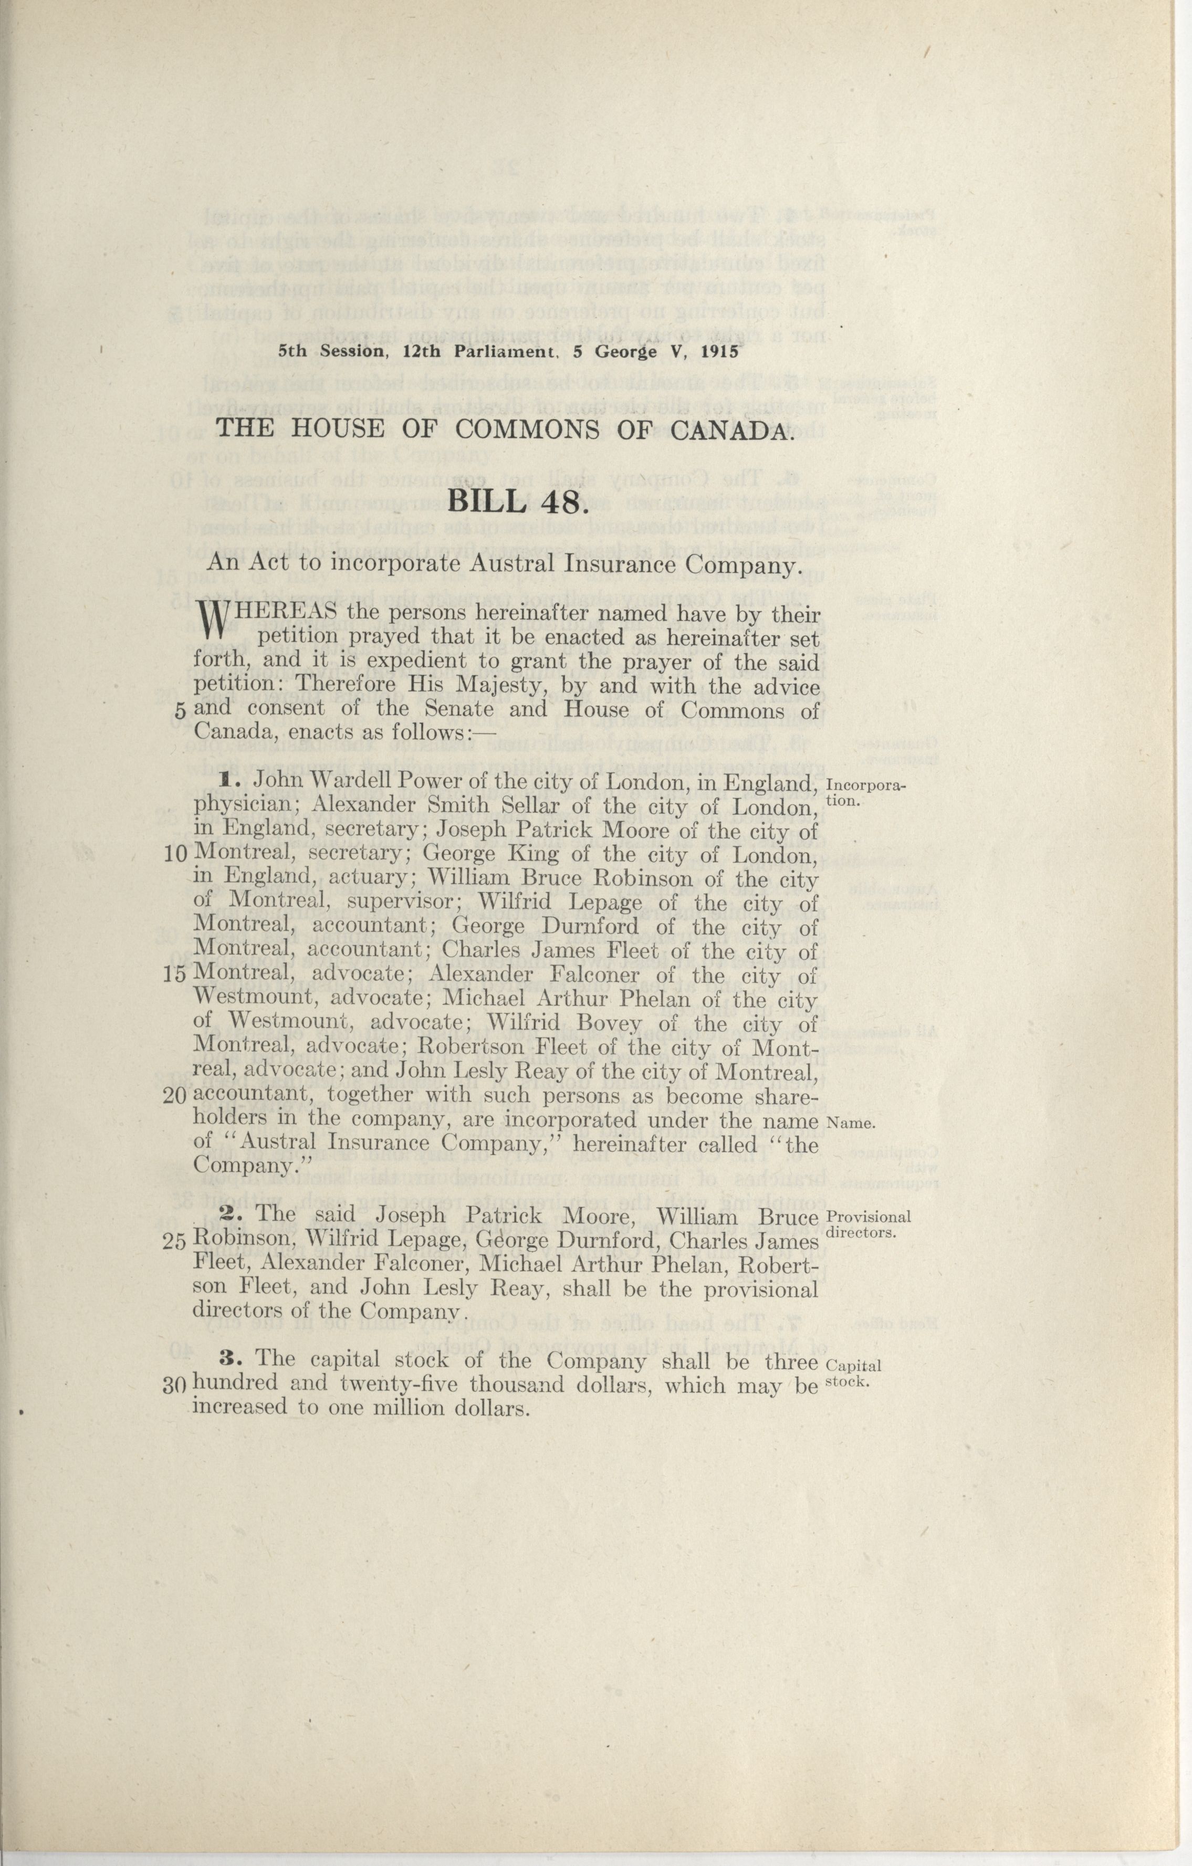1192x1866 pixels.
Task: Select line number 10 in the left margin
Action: pyautogui.click(x=175, y=855)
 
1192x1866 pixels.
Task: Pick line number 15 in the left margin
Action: pyautogui.click(x=175, y=976)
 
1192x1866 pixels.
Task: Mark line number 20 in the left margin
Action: pyautogui.click(x=175, y=1096)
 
